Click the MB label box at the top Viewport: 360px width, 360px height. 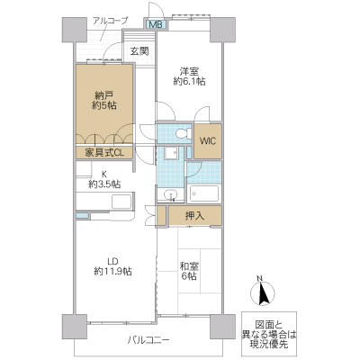click(156, 24)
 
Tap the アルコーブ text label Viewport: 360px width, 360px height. click(110, 19)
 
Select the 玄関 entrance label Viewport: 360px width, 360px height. click(139, 52)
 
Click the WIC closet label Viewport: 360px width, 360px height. click(207, 141)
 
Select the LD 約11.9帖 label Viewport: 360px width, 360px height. click(114, 263)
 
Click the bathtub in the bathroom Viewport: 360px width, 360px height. click(205, 193)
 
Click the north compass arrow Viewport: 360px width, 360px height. click(264, 294)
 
